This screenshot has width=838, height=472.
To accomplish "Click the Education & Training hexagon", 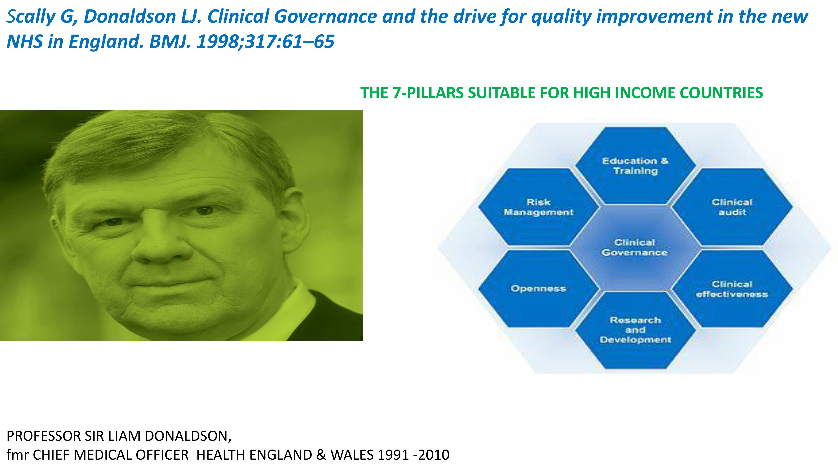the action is coord(635,166).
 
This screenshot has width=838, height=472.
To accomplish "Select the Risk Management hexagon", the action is coord(539,207).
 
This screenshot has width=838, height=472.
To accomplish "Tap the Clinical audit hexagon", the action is coord(732,207).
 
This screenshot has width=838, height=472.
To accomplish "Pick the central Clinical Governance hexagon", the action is coord(635,248).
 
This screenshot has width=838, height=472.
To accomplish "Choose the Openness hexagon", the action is coord(539,289).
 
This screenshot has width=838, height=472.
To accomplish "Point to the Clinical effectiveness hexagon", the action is coord(732,289).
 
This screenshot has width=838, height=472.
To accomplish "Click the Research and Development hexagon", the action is coord(635,330).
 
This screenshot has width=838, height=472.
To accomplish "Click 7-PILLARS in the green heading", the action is coord(428,93).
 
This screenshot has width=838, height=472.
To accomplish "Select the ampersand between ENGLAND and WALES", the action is coord(321,455).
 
